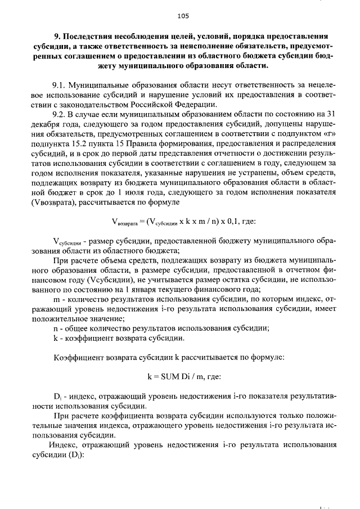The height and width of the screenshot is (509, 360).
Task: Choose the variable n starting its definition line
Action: [55, 328]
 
